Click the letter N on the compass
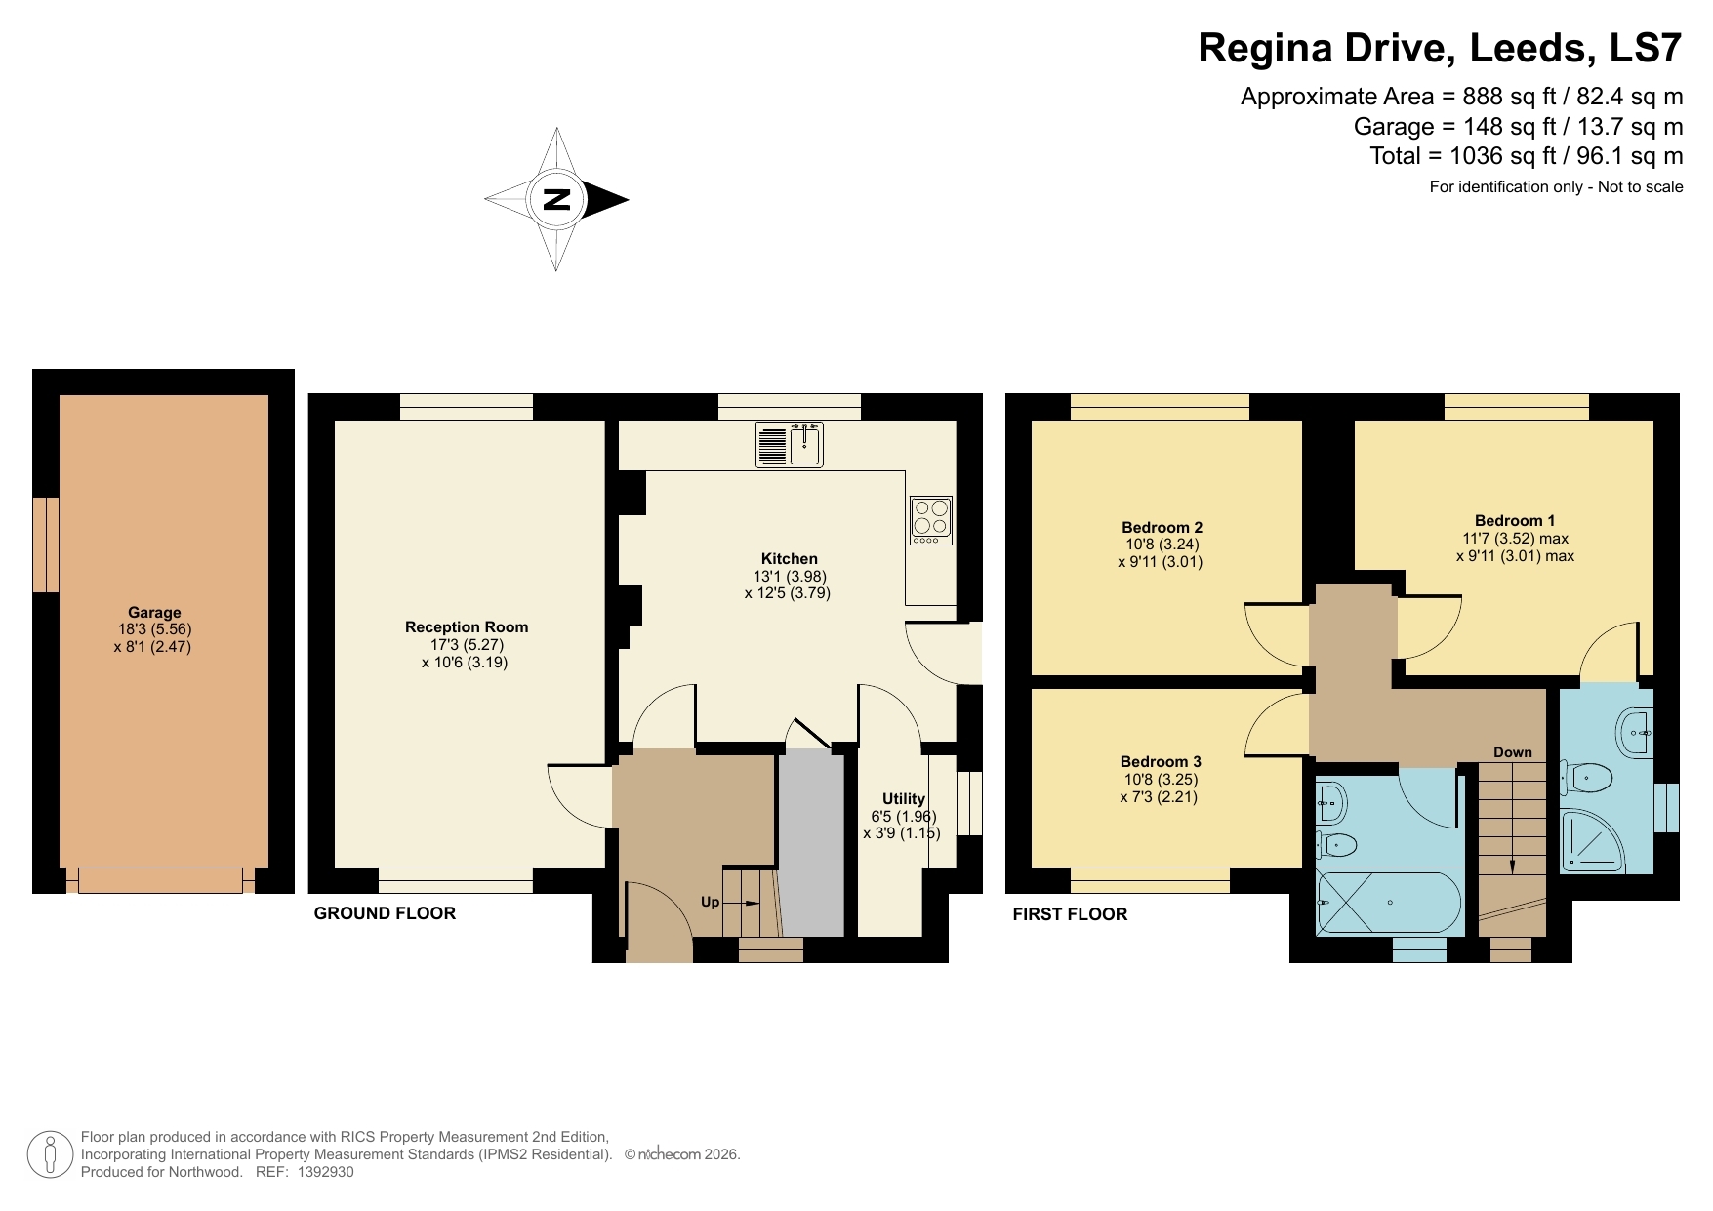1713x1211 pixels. (556, 199)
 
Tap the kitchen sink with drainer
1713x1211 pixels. (790, 445)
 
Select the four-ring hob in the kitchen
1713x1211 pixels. (930, 520)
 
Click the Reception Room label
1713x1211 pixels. (467, 627)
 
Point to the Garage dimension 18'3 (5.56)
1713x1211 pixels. (153, 629)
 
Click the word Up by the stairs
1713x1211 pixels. (710, 902)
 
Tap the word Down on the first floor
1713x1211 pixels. (1512, 752)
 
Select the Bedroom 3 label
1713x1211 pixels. (1160, 762)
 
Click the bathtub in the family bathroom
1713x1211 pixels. (1389, 903)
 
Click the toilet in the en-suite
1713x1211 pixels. (1587, 780)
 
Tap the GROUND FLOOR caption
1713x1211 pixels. (385, 913)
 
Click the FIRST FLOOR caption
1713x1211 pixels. (1070, 914)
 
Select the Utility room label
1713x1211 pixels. (903, 798)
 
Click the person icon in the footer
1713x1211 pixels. (50, 1154)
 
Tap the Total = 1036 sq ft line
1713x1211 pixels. (1526, 156)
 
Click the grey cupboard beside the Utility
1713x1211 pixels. (812, 844)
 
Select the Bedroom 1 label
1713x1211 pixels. (1514, 521)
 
